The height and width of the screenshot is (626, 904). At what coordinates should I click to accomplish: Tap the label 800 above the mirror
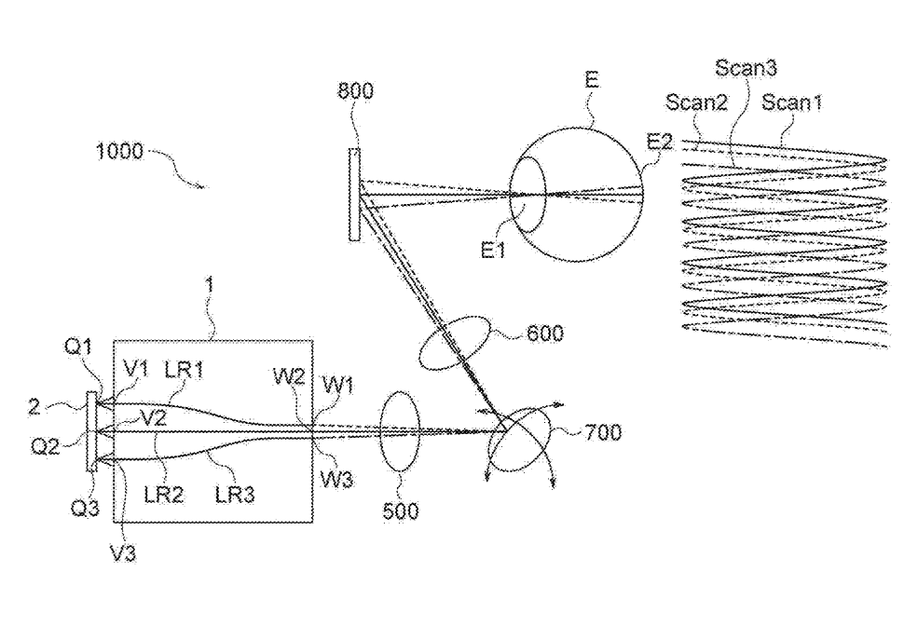358,90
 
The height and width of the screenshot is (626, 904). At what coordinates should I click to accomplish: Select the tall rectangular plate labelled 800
355,194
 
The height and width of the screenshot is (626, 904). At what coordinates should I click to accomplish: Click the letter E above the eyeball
590,81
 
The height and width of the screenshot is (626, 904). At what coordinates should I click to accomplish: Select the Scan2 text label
696,102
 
